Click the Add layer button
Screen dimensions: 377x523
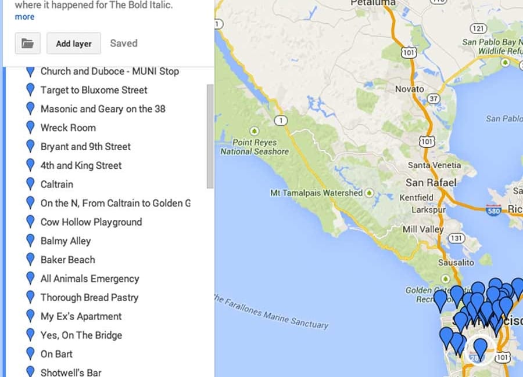74,43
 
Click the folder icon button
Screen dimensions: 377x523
27,43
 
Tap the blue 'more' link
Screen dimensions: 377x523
24,17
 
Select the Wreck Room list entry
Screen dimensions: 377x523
68,128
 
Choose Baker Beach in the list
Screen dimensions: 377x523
67,260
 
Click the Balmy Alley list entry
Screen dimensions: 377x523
66,241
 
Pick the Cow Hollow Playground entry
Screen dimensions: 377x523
91,222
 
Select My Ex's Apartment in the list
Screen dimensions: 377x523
81,316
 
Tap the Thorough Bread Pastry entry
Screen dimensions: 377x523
89,298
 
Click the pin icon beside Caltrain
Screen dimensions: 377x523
31,184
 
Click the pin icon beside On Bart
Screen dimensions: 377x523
31,354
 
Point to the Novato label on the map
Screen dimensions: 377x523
410,89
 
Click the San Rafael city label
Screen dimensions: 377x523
431,183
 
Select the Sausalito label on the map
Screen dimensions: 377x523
456,262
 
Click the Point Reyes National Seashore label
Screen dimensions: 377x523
255,147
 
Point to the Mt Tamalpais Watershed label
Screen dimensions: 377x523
317,193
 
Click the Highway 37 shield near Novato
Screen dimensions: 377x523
434,99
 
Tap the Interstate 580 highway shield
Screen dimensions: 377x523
493,209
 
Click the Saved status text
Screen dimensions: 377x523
124,43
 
